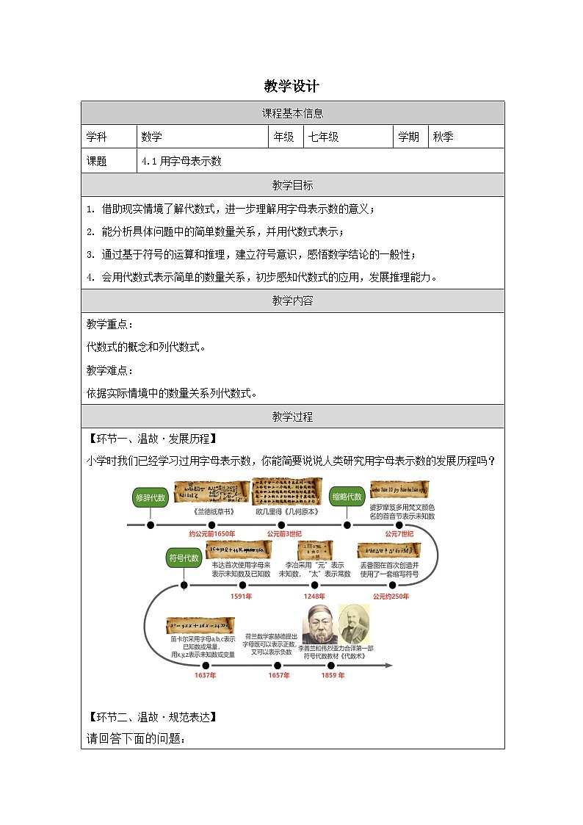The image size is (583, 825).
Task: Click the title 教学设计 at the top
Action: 291,86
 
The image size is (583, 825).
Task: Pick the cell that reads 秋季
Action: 443,137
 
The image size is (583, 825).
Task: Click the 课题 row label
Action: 97,161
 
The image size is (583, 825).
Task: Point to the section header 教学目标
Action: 292,185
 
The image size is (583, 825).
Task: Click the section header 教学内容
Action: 292,300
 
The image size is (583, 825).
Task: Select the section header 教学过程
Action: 292,417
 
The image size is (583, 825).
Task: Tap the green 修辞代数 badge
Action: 151,497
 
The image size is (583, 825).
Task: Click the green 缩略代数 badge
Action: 347,497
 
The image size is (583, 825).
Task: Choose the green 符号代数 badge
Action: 183,558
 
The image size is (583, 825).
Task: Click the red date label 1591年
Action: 242,596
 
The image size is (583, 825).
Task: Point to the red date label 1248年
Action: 314,596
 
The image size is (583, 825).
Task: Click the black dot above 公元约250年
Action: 392,585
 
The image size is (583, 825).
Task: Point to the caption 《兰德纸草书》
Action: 213,511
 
